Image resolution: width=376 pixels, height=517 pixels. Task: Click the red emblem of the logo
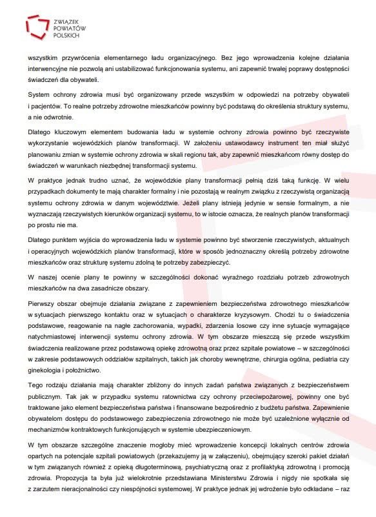(37, 26)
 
